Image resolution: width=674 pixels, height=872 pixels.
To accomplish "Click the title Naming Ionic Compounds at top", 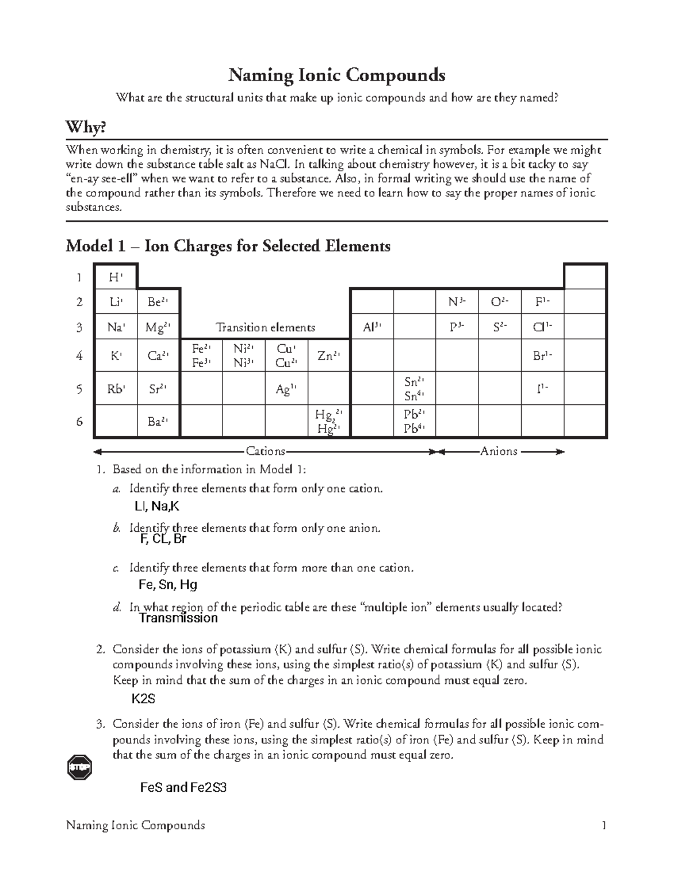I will click(x=336, y=75).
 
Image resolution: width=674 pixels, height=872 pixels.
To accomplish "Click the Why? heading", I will click(x=85, y=127).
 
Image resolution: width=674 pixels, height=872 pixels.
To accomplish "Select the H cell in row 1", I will click(x=115, y=277).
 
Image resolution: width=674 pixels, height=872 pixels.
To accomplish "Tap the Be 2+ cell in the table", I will click(x=158, y=302).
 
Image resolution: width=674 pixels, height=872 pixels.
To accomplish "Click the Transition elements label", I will click(x=265, y=327).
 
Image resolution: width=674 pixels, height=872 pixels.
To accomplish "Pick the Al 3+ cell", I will click(x=371, y=327).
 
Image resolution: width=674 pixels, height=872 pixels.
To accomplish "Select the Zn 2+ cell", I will click(x=329, y=355).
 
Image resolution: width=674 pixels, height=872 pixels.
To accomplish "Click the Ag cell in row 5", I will click(x=286, y=389).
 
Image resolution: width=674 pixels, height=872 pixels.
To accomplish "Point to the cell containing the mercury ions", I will click(x=329, y=422).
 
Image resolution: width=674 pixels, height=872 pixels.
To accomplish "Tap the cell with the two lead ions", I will click(x=414, y=422).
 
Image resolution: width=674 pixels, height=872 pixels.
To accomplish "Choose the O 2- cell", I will click(x=499, y=302).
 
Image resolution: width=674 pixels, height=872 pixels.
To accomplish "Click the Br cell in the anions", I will click(x=542, y=355).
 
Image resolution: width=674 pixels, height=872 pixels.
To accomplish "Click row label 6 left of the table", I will click(x=79, y=421).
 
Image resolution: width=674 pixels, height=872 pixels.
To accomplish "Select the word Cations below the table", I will click(x=265, y=451).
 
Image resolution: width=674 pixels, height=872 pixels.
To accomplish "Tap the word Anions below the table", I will click(x=499, y=451).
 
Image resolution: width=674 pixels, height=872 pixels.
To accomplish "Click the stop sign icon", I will click(x=79, y=767).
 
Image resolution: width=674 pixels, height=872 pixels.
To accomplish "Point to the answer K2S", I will click(x=143, y=699).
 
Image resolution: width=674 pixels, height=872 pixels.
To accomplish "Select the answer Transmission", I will click(x=177, y=618).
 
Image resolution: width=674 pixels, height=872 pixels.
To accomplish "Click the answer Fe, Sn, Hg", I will click(x=167, y=585).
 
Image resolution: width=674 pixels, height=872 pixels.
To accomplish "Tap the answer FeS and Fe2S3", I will click(x=183, y=787).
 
